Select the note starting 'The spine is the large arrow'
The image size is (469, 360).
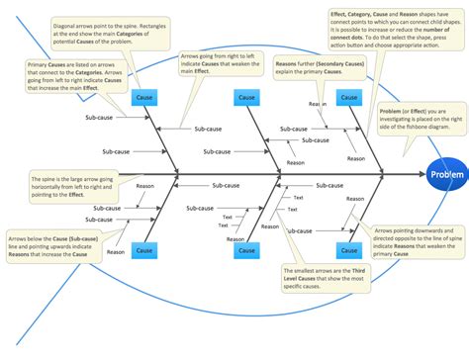[66, 185]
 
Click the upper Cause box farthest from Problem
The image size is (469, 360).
[144, 98]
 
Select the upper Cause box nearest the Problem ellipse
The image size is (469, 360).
[347, 97]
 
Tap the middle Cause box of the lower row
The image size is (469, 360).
[246, 251]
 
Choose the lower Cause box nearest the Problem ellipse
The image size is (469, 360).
[347, 251]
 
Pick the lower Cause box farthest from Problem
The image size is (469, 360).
[144, 251]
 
